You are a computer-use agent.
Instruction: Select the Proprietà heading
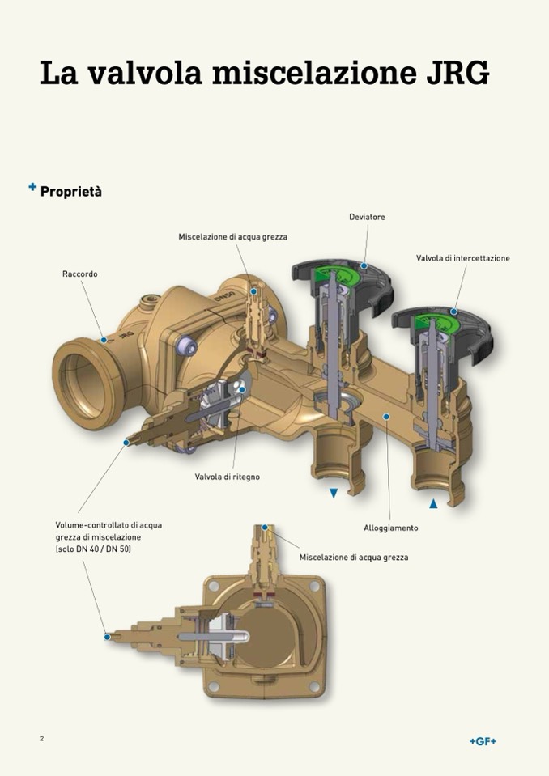[x=71, y=192]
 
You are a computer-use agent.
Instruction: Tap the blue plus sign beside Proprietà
[x=32, y=188]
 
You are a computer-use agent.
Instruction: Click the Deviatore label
[x=367, y=218]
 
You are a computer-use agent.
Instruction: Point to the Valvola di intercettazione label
[x=463, y=258]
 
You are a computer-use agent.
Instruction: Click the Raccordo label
[x=80, y=274]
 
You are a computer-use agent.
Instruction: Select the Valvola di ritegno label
[x=228, y=477]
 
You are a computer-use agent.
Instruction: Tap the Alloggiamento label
[x=391, y=528]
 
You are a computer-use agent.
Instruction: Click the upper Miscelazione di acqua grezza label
[x=233, y=236]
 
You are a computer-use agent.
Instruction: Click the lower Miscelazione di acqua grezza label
[x=354, y=558]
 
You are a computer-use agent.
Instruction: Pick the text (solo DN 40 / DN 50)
[x=93, y=549]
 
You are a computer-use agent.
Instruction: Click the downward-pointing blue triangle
[x=333, y=493]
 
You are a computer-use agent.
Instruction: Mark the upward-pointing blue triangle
[x=433, y=503]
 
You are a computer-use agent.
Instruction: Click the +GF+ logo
[x=483, y=741]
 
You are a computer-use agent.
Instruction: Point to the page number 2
[x=42, y=739]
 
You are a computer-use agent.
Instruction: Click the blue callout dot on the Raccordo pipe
[x=104, y=341]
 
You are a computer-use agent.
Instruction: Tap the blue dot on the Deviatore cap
[x=364, y=265]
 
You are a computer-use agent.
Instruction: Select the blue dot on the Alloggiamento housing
[x=386, y=417]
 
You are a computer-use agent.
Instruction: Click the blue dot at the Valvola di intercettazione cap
[x=454, y=312]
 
